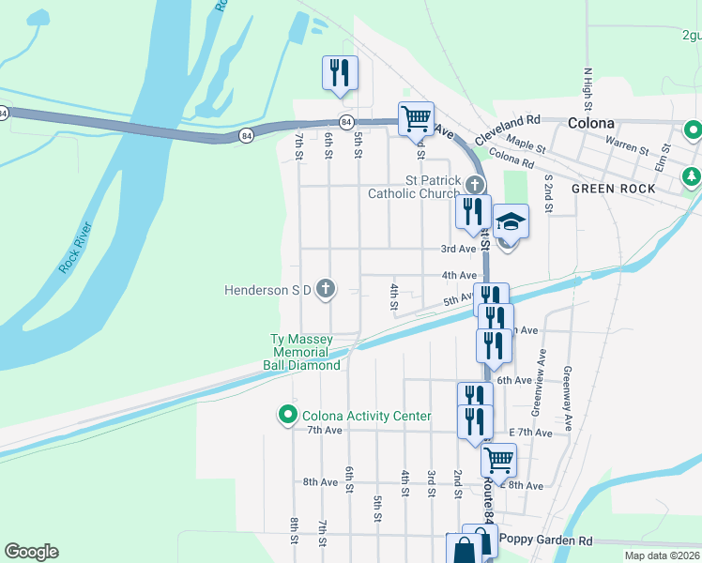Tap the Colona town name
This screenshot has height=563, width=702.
coord(591,123)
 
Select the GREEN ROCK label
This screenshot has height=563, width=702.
coord(613,189)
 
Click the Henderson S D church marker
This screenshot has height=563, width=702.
coord(326,289)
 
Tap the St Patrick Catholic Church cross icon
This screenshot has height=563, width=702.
coord(476,184)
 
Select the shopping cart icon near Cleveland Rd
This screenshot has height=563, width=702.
coord(416,119)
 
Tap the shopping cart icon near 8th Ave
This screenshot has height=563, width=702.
coord(498,460)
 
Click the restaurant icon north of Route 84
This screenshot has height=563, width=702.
coord(340,73)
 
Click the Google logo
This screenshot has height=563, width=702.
coord(31,552)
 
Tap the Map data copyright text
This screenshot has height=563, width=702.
coord(662,555)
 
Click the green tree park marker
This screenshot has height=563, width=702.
coord(693,175)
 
